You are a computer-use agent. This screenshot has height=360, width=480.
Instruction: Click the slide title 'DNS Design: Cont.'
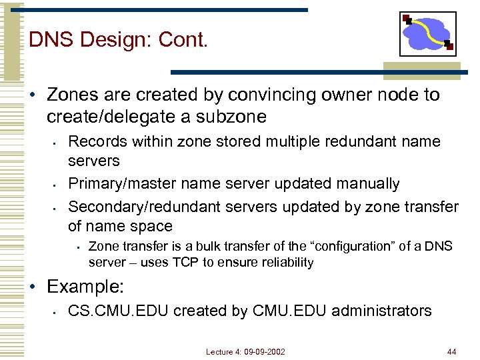119,40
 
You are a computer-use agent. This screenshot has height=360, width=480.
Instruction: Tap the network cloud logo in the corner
427,34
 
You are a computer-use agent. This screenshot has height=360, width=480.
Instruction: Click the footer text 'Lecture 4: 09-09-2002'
245,351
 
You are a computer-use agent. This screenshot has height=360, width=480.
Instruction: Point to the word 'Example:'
85,287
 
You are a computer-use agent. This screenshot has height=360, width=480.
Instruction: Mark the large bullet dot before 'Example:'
35,287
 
